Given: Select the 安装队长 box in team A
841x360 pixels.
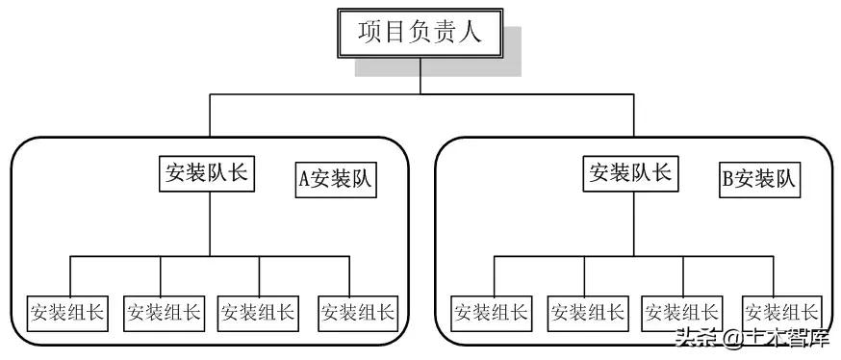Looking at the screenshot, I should (x=207, y=173).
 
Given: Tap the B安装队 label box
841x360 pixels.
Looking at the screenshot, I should (x=759, y=180).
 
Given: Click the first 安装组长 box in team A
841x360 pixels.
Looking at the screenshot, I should (x=67, y=312).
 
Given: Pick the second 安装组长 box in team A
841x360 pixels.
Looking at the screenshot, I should (x=162, y=312).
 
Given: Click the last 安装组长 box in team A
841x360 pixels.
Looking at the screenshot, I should (x=357, y=312).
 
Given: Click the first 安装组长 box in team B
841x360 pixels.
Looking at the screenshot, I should (x=491, y=312).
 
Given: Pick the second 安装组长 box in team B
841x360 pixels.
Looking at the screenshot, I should (x=586, y=312).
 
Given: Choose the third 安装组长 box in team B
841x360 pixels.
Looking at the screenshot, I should (x=680, y=312).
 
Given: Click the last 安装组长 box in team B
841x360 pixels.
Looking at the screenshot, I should (x=781, y=312).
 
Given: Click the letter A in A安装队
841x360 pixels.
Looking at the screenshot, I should (x=305, y=180).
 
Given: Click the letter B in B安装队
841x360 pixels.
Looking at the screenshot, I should (x=728, y=180).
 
